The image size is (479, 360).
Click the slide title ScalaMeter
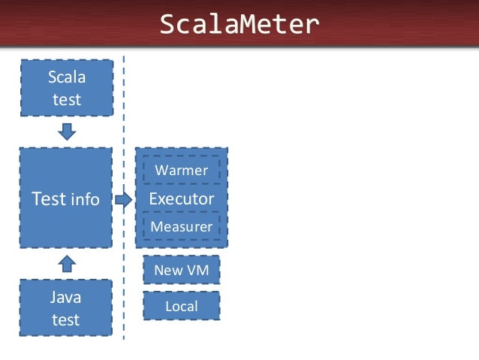coord(239,25)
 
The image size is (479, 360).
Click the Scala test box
coord(66,88)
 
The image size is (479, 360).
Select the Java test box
coord(66,308)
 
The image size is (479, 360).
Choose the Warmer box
coord(181,171)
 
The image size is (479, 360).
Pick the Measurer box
coord(181,226)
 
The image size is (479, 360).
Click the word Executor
coord(181,199)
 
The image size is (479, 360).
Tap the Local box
coord(181,306)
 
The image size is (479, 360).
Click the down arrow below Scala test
coord(67,132)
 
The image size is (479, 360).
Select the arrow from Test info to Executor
coord(122,200)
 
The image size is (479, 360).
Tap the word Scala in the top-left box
coord(66,77)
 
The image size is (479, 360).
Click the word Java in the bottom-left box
coord(66,298)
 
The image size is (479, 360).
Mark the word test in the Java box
coord(66,319)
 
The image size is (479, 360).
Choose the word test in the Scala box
coord(66,99)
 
